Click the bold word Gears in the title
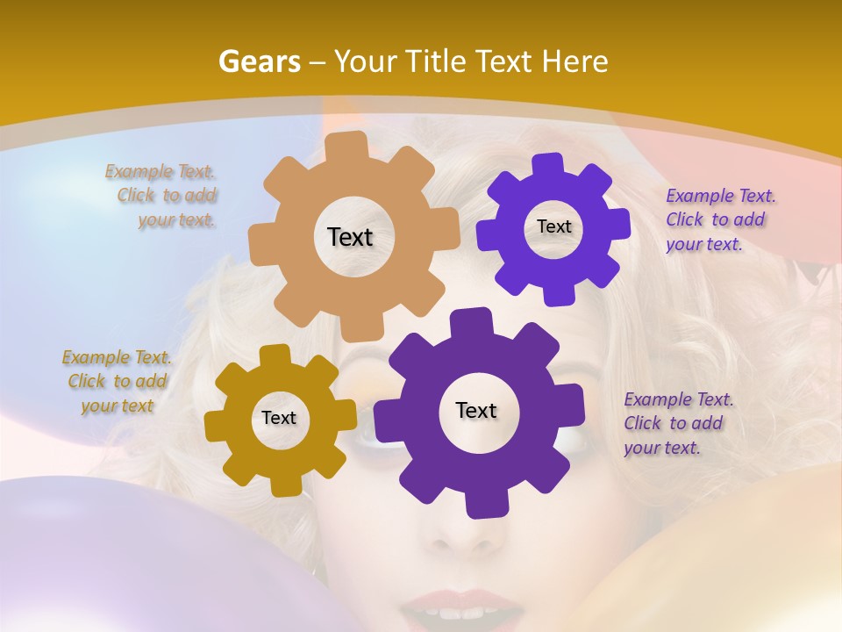[259, 61]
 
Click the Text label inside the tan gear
[350, 237]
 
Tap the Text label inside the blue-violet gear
[553, 226]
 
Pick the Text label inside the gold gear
[279, 418]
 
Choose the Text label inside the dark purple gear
[476, 410]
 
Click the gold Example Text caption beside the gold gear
[117, 382]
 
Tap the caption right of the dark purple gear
[677, 423]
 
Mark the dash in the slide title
[319, 62]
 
